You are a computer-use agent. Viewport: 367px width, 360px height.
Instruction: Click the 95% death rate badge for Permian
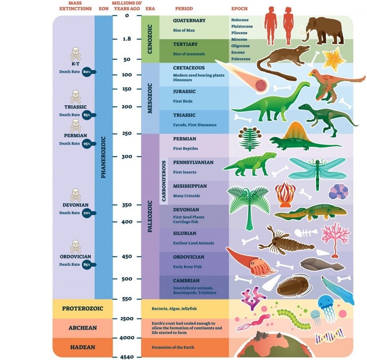point(87,144)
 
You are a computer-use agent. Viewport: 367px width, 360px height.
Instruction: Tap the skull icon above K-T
point(75,54)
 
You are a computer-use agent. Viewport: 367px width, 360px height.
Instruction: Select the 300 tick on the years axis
point(127,156)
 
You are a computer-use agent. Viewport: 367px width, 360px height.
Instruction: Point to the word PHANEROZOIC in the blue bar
point(103,157)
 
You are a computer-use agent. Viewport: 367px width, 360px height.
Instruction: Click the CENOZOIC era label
point(150,39)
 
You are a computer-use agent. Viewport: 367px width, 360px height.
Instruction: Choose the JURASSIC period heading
point(184,92)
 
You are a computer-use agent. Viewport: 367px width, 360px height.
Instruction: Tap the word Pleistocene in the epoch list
point(242,26)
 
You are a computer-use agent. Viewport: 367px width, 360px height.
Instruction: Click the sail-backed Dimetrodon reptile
point(292,138)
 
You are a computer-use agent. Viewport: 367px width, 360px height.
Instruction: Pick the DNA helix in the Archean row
point(328,337)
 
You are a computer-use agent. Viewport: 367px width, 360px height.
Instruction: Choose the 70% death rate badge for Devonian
point(87,213)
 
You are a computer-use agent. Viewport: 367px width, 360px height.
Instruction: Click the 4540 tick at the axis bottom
point(127,357)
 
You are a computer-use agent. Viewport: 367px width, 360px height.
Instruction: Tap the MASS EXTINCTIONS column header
point(75,6)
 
